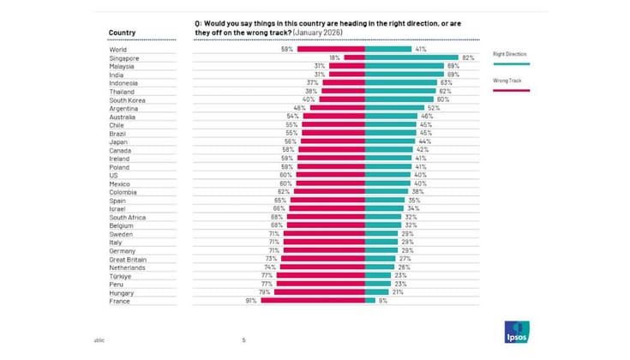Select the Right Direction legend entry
click(x=512, y=54)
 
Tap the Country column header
click(x=123, y=33)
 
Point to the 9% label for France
click(x=382, y=301)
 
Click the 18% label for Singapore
click(x=336, y=57)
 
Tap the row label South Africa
click(x=128, y=217)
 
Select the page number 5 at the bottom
click(x=243, y=339)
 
